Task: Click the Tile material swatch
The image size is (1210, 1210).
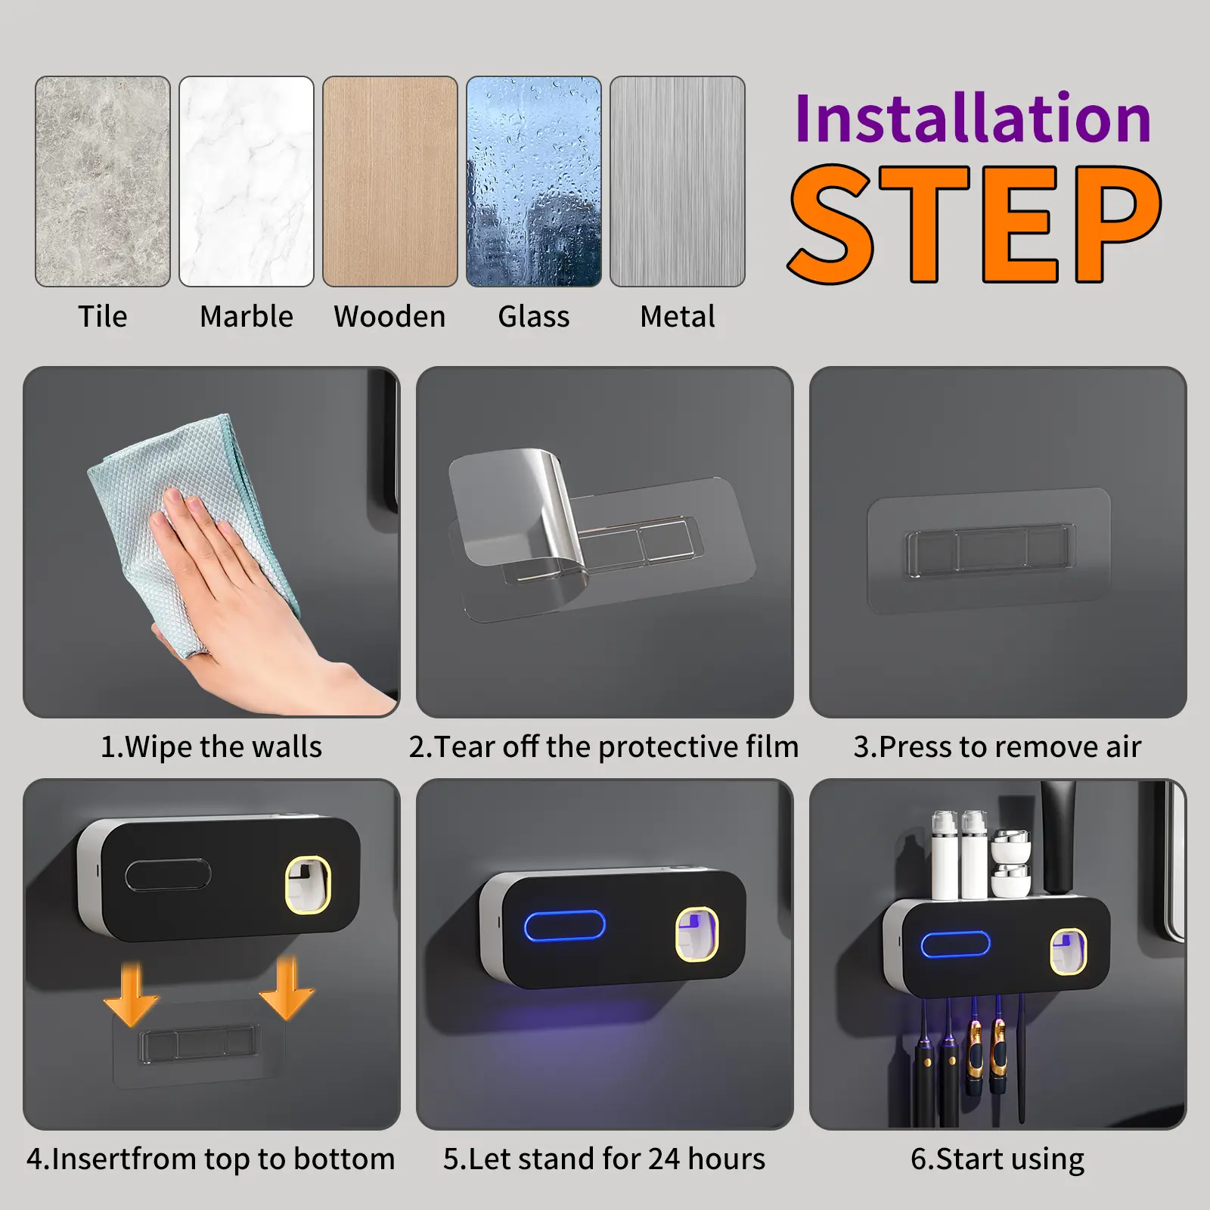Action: pyautogui.click(x=103, y=181)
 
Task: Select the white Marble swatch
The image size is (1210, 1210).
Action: pyautogui.click(x=247, y=181)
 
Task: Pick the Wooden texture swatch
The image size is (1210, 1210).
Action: pyautogui.click(x=390, y=181)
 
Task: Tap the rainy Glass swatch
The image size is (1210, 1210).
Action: pyautogui.click(x=534, y=181)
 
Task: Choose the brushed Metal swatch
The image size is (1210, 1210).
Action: pyautogui.click(x=678, y=181)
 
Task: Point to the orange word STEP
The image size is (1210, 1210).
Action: pyautogui.click(x=975, y=224)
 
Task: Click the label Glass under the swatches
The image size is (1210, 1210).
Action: pyautogui.click(x=534, y=316)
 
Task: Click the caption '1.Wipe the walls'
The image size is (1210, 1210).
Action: pyautogui.click(x=211, y=747)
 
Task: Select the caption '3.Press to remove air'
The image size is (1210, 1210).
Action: pyautogui.click(x=997, y=747)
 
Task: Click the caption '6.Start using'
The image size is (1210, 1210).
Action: pyautogui.click(x=997, y=1159)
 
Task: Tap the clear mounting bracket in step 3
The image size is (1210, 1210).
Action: pyautogui.click(x=989, y=549)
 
